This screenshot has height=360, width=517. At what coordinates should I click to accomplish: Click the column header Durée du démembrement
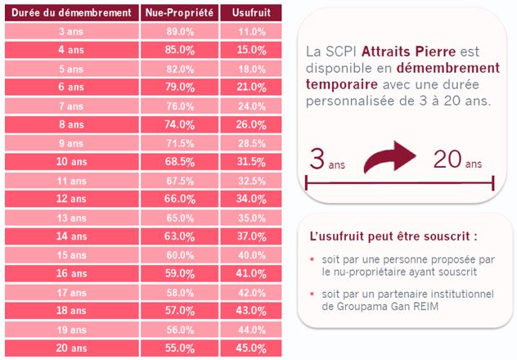(71, 13)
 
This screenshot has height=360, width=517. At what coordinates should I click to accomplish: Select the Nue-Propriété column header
(180, 13)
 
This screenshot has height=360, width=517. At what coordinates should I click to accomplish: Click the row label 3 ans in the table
(71, 31)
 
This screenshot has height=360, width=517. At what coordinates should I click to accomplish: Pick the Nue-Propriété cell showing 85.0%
(180, 50)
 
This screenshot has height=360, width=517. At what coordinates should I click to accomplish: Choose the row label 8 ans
(71, 124)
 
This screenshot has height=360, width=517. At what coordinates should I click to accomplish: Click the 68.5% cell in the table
(180, 161)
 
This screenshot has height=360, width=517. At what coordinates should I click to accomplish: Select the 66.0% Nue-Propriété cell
(180, 199)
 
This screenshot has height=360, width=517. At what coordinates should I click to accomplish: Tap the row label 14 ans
(71, 236)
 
